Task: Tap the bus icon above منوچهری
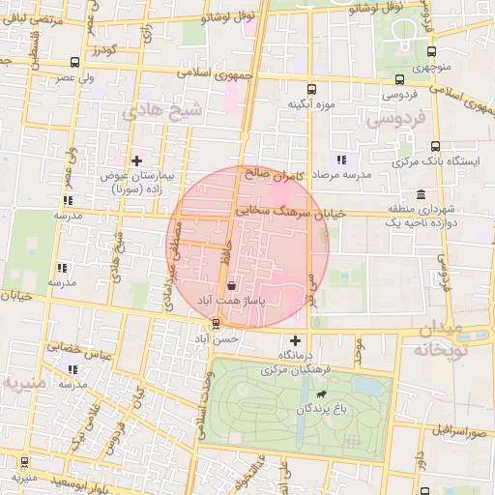coord(429,54)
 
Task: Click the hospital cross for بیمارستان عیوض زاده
coord(136,160)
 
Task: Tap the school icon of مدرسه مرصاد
coord(340,160)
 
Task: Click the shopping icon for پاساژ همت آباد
coord(229,286)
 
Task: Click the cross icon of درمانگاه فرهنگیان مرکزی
coord(296,340)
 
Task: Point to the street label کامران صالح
coord(276,175)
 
